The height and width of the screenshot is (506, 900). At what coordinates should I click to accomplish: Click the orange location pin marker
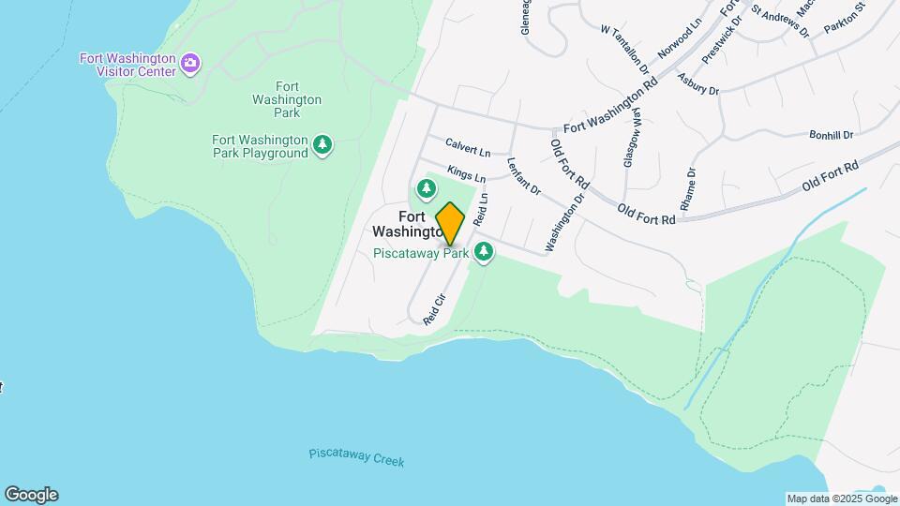(x=450, y=223)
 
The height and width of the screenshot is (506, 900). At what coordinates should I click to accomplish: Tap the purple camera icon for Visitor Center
(x=191, y=64)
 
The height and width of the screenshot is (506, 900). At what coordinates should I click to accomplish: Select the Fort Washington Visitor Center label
(x=127, y=64)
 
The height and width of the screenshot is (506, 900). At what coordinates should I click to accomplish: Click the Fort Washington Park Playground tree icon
(x=323, y=144)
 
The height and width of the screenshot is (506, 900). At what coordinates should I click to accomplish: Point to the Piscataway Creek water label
(x=356, y=458)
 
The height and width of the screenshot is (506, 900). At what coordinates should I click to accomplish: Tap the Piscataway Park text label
(x=421, y=253)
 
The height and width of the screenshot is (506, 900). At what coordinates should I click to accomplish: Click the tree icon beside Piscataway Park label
(x=484, y=251)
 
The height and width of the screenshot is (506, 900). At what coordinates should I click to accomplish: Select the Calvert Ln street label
(x=468, y=149)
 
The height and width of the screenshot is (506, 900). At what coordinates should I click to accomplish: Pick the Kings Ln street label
(x=466, y=173)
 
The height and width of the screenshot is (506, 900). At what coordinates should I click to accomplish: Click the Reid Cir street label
(x=433, y=310)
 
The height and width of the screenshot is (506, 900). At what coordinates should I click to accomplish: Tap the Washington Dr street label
(x=564, y=222)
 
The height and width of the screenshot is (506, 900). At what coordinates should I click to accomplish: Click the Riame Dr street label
(x=691, y=188)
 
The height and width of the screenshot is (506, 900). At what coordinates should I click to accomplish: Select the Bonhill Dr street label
(x=831, y=135)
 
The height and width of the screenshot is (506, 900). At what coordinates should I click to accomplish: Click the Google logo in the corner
(x=31, y=495)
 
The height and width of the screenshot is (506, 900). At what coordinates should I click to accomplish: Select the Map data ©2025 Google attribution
(x=841, y=499)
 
